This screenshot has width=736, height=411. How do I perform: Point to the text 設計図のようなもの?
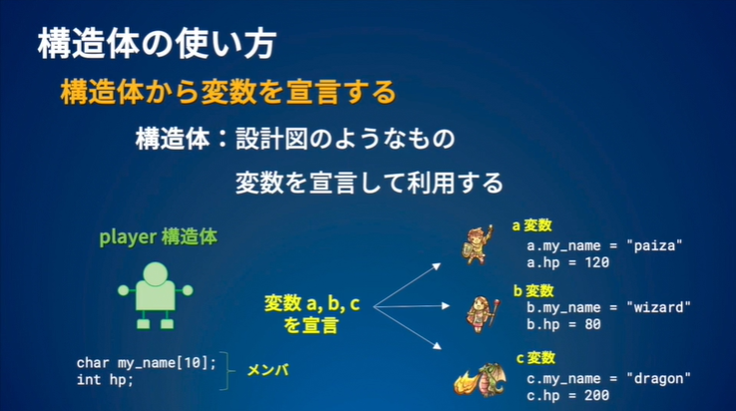tap(345, 139)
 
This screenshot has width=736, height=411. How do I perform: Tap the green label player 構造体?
tap(158, 237)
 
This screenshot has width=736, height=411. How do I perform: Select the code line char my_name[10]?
tap(146, 363)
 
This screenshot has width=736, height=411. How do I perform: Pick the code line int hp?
tap(105, 380)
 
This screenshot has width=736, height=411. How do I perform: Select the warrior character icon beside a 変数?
tap(480, 245)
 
